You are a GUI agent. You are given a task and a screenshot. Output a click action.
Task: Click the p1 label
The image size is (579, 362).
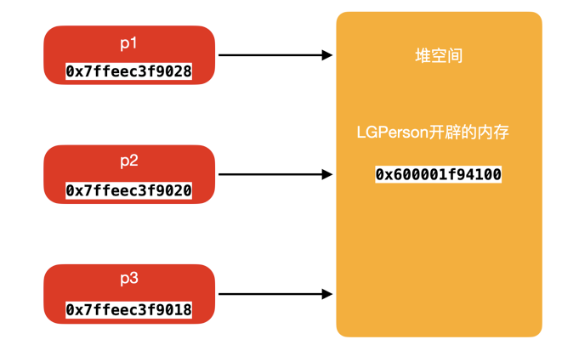point(129,42)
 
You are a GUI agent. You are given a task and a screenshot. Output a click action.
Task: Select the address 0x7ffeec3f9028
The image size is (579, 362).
point(129,72)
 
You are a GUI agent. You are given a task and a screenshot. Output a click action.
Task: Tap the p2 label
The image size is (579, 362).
point(129,161)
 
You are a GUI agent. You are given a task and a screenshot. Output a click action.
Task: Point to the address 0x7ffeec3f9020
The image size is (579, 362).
point(129,191)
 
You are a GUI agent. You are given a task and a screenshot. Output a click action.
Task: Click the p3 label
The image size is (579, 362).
point(129,280)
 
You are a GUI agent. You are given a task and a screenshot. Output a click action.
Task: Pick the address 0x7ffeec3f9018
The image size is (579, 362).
point(129,311)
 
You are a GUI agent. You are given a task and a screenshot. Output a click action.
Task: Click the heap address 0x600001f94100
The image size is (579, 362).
point(439,174)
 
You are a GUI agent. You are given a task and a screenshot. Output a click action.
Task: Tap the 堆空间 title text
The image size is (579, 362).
point(439,56)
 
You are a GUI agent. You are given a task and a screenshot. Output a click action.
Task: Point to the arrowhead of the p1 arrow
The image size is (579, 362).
point(326,55)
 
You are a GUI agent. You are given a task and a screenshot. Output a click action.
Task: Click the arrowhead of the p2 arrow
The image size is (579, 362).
point(326,174)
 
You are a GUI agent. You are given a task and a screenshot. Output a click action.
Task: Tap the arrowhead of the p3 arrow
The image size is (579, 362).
point(326,294)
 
